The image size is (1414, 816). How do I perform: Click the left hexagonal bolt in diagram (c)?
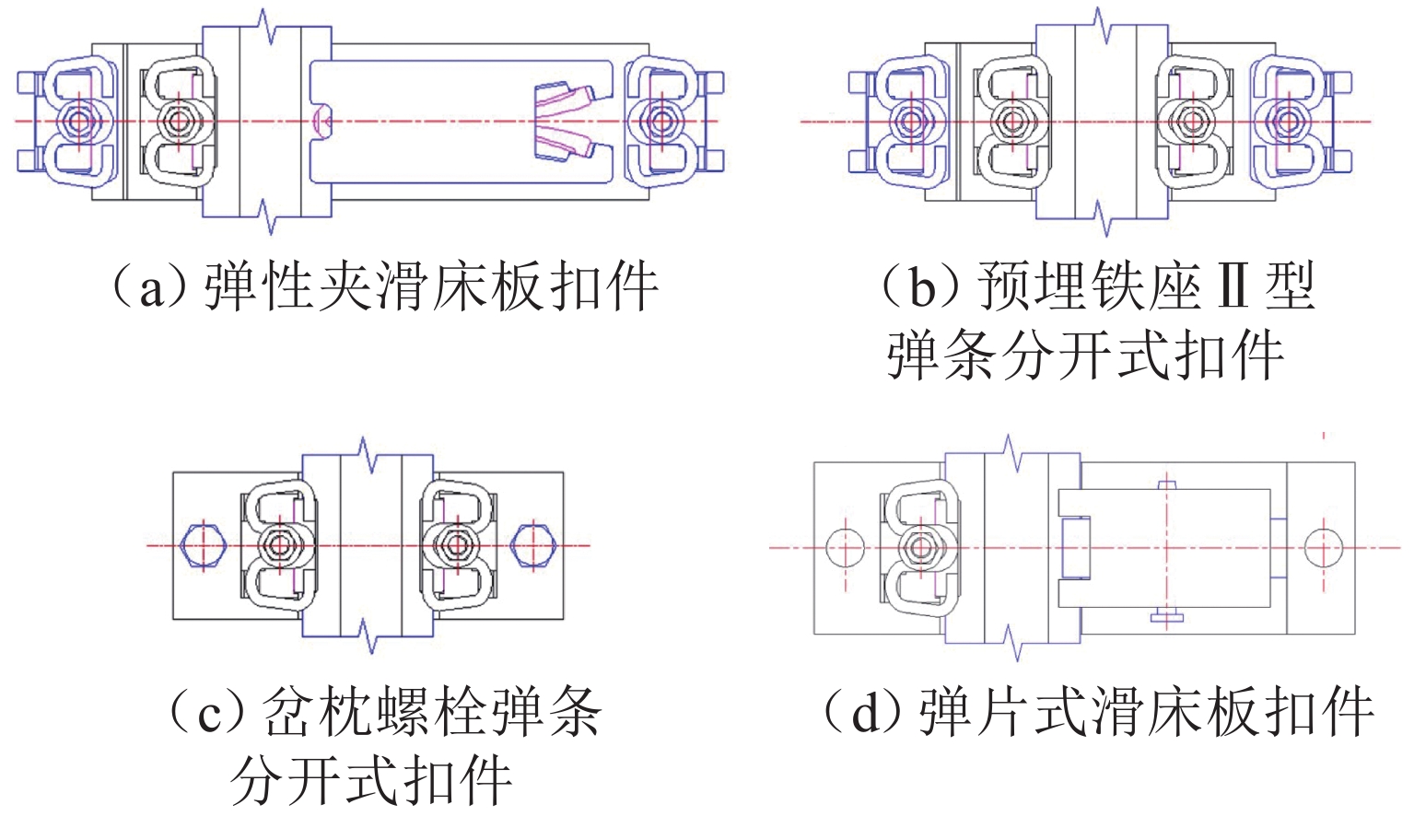pyautogui.click(x=204, y=544)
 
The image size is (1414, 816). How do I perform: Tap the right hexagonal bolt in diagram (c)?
pyautogui.click(x=533, y=544)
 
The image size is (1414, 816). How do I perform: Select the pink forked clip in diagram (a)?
pyautogui.click(x=564, y=121)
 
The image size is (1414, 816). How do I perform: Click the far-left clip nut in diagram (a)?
pyautogui.click(x=78, y=121)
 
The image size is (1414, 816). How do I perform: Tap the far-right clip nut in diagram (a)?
pyautogui.click(x=660, y=121)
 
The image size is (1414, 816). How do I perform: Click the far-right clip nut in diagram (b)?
pyautogui.click(x=1286, y=121)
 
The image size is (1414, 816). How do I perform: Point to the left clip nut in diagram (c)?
pyautogui.click(x=278, y=544)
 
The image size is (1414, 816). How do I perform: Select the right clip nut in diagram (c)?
pyautogui.click(x=455, y=544)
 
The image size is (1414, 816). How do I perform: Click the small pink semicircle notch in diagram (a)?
pyautogui.click(x=321, y=121)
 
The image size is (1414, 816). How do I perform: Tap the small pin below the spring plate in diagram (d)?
pyautogui.click(x=1166, y=616)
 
